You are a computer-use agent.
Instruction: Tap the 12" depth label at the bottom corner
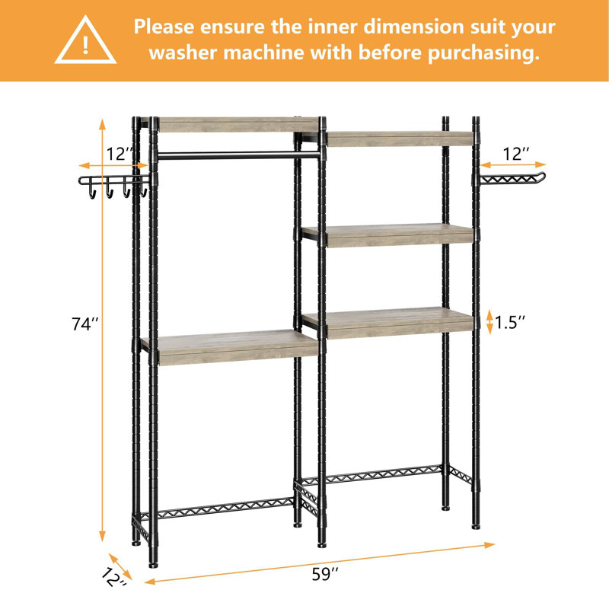pyautogui.click(x=114, y=580)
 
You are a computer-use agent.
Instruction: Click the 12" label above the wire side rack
pyautogui.click(x=516, y=154)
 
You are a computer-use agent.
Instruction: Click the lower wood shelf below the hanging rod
pyautogui.click(x=228, y=346)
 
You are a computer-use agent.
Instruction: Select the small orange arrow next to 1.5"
pyautogui.click(x=489, y=322)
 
